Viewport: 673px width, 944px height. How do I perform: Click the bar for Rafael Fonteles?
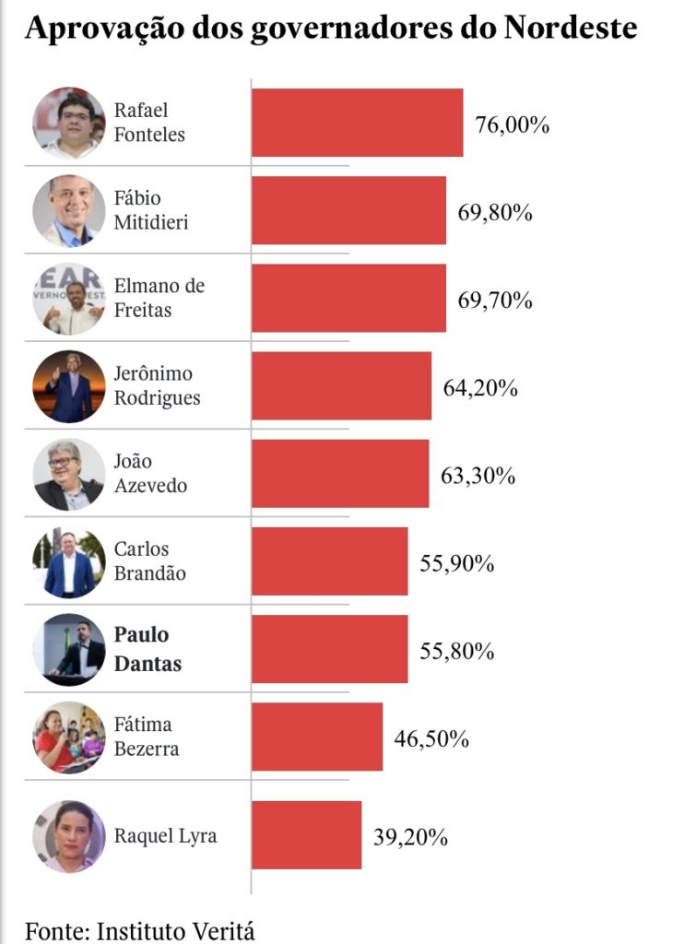tap(357, 123)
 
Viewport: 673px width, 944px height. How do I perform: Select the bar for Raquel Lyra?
tap(306, 834)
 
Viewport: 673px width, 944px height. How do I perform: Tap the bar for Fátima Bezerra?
tap(317, 737)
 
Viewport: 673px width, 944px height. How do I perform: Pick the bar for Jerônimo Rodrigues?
tap(341, 385)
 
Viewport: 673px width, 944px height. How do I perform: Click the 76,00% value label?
tap(513, 124)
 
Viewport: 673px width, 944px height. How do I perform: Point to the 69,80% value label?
tap(495, 212)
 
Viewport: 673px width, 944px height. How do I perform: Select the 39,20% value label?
tap(411, 837)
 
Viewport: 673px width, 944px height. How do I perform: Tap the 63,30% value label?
tap(478, 476)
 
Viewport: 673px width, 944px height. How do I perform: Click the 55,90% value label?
tap(457, 563)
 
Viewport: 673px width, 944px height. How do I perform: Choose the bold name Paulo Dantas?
tap(147, 648)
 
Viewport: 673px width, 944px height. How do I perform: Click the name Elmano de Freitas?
tap(159, 298)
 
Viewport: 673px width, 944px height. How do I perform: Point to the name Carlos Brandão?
tap(149, 560)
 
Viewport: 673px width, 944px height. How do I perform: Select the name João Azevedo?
tap(150, 473)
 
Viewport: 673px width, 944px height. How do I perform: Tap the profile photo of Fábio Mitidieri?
tap(69, 211)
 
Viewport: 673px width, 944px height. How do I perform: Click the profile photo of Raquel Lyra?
tap(69, 836)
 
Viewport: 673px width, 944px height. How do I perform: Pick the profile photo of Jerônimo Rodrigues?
tap(69, 386)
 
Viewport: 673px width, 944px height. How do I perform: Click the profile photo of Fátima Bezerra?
tap(69, 737)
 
